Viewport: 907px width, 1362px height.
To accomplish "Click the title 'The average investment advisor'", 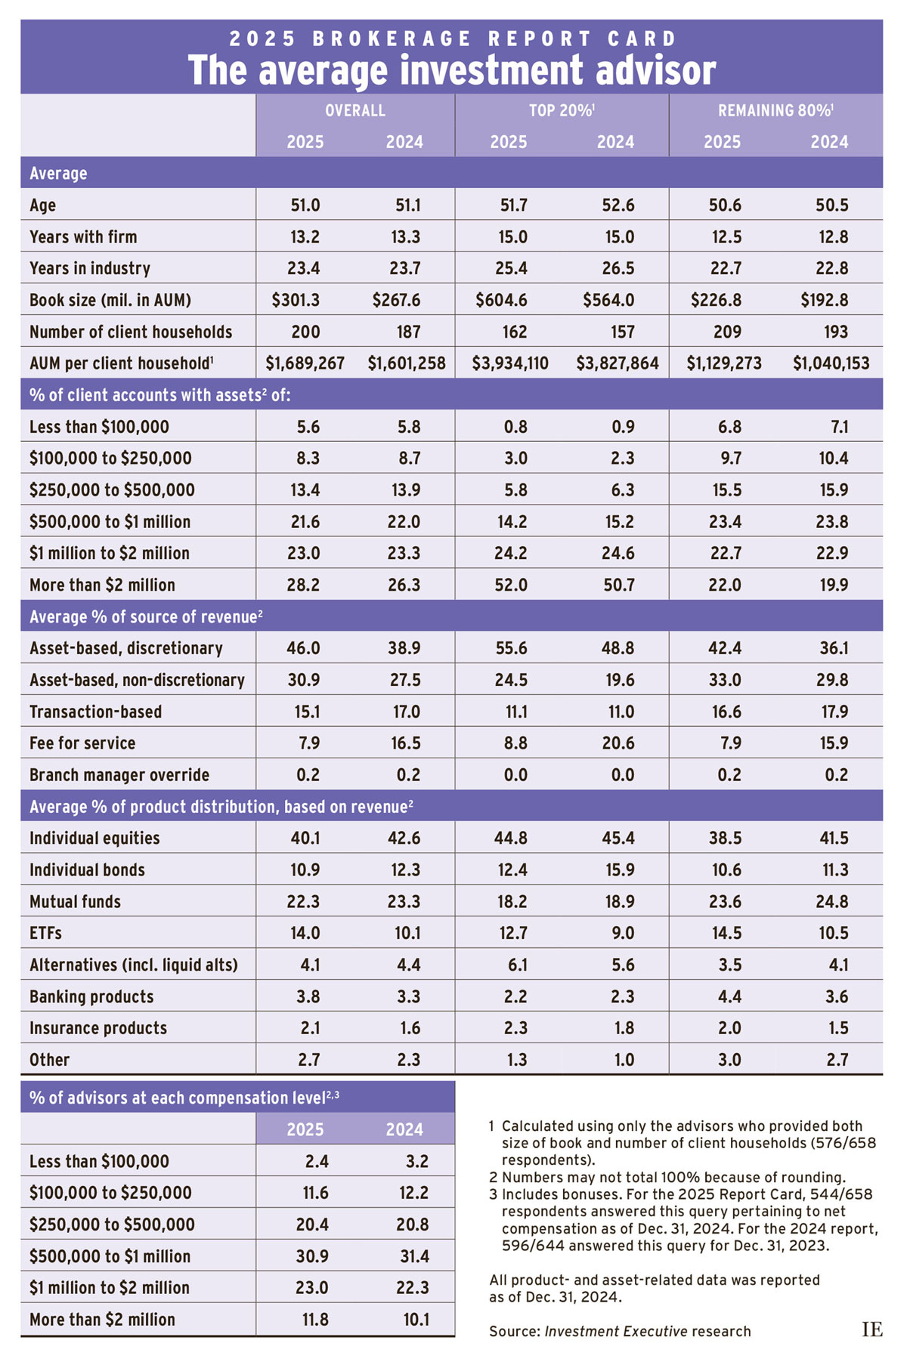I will click(x=452, y=71).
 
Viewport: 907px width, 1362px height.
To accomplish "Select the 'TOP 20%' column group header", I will click(x=561, y=110).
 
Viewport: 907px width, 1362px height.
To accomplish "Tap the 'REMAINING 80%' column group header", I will click(x=775, y=110).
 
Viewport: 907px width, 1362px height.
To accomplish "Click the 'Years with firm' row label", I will click(x=83, y=237).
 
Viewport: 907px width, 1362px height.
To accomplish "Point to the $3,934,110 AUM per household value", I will click(x=510, y=363).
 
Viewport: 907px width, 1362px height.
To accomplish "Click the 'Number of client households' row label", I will click(x=131, y=332).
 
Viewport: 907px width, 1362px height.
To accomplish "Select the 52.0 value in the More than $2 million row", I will click(x=511, y=585).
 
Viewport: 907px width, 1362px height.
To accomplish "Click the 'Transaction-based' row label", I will click(x=95, y=712).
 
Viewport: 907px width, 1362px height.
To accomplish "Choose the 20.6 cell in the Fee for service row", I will click(x=618, y=743).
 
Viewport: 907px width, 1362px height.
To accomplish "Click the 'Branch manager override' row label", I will click(x=119, y=775).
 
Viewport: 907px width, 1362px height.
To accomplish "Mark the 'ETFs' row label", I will click(x=45, y=933).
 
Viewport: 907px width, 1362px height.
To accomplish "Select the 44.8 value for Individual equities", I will click(x=512, y=838).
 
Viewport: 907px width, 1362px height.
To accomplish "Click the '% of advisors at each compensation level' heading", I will click(x=184, y=1098).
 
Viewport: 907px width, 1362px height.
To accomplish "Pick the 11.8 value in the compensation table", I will click(x=315, y=1320).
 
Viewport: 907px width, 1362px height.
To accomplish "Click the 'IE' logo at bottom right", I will click(x=871, y=1329).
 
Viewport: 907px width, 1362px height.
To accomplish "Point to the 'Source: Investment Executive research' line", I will click(x=620, y=1331).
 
